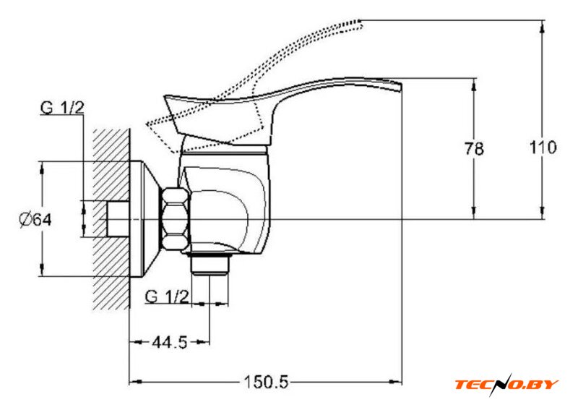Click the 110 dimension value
tap(542, 148)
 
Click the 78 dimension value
tap(474, 150)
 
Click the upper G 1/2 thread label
tap(62, 108)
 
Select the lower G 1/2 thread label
tap(167, 296)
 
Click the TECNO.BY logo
tap(506, 384)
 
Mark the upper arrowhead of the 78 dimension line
tap(474, 82)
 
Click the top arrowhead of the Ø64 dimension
tap(43, 168)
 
